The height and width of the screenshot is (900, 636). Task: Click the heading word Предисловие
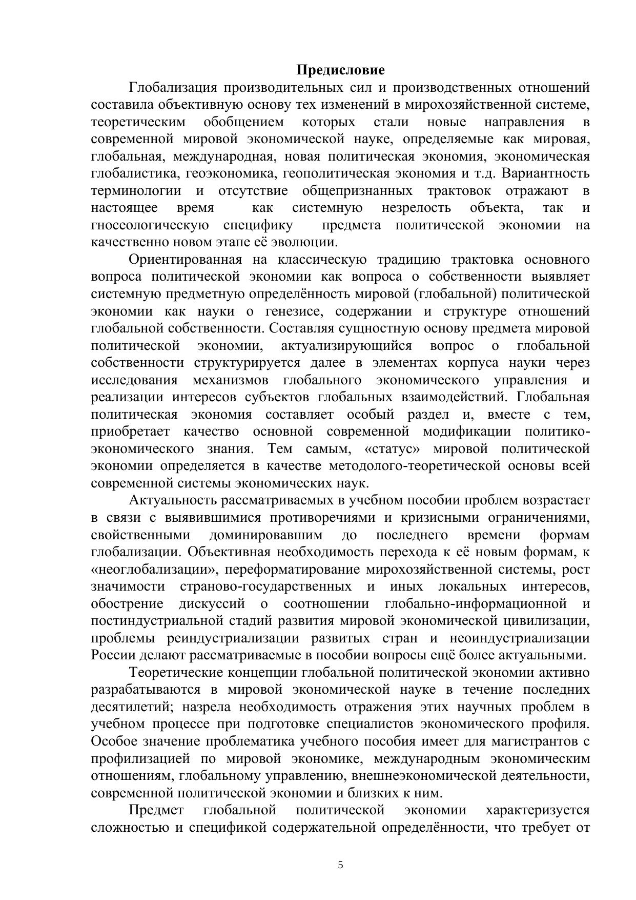tap(340, 70)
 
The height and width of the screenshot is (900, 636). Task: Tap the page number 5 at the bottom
tap(341, 866)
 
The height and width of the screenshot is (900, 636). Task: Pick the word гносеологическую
tap(150, 225)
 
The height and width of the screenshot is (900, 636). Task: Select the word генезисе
tap(297, 311)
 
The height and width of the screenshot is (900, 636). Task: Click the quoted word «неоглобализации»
tap(153, 570)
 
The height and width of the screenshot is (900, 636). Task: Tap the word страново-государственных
tap(266, 586)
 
